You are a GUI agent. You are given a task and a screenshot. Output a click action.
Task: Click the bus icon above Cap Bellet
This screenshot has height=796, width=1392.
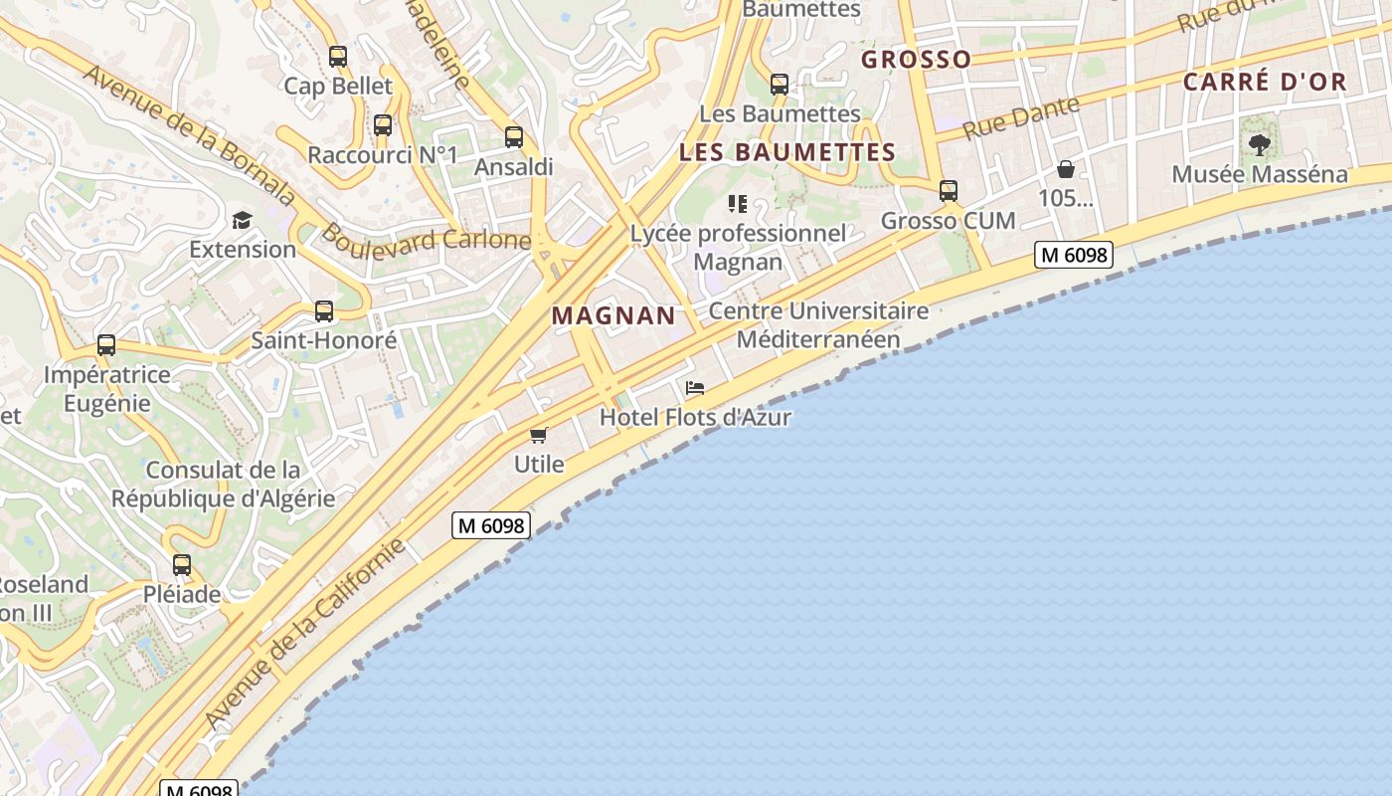(x=338, y=57)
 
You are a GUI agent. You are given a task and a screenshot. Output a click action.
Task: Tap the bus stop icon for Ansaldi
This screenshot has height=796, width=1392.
(x=514, y=137)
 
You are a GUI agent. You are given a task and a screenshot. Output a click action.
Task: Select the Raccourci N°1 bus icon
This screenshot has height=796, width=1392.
(x=383, y=125)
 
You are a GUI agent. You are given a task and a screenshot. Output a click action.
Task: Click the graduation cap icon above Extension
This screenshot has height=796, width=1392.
(x=242, y=220)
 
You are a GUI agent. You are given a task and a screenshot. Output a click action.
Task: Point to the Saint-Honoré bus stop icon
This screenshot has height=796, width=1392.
(x=324, y=311)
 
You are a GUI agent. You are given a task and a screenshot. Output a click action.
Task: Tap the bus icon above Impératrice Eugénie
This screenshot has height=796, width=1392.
(x=106, y=345)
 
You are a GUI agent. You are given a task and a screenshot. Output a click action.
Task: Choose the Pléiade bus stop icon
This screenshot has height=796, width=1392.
(x=182, y=565)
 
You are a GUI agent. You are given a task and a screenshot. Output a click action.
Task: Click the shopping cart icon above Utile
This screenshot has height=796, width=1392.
(x=539, y=435)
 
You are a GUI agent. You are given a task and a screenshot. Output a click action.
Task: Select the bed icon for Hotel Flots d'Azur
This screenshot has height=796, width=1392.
(x=695, y=388)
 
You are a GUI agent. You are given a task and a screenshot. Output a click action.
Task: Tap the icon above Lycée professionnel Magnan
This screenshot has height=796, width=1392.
(x=737, y=204)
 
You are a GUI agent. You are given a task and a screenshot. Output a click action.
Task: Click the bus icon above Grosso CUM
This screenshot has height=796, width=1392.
(x=949, y=191)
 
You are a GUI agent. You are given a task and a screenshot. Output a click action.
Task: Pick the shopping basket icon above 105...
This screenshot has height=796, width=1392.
(x=1066, y=169)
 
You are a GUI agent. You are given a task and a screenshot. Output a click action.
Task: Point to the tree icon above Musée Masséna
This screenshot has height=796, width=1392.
(x=1260, y=145)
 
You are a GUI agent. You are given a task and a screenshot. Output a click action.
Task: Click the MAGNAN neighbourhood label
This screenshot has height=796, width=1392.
(x=613, y=316)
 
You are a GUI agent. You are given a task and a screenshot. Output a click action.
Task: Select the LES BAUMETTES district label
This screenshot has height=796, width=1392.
(x=787, y=152)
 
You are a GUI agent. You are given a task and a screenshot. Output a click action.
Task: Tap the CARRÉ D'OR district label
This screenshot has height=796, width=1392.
(x=1265, y=83)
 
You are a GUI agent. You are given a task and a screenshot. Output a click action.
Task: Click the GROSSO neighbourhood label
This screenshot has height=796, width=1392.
(x=916, y=60)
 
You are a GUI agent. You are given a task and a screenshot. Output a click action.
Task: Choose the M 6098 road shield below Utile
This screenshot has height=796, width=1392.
(x=491, y=525)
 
